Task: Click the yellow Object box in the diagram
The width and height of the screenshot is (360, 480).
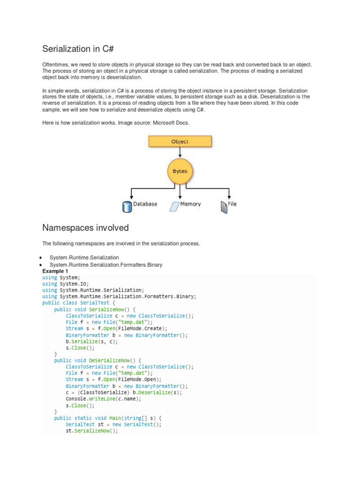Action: [180, 141]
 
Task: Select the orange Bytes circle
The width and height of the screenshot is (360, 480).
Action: [180, 171]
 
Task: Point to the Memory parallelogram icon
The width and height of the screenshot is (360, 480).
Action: [174, 206]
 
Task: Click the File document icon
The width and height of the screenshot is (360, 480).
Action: [224, 207]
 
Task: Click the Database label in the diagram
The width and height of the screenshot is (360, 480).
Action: [145, 204]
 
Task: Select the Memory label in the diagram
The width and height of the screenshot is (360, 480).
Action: [191, 204]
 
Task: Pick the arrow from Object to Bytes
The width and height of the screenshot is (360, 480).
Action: [180, 153]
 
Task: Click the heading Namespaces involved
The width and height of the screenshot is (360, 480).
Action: [85, 228]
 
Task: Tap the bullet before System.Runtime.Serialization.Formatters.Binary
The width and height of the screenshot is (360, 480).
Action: [42, 265]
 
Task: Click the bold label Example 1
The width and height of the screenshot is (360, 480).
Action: [55, 271]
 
